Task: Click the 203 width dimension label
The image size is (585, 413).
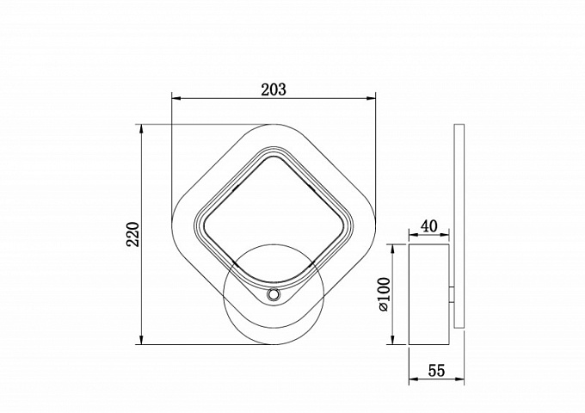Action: pyautogui.click(x=274, y=89)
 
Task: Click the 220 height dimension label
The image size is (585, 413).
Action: pyautogui.click(x=132, y=234)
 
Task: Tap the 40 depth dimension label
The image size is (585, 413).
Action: pyautogui.click(x=429, y=226)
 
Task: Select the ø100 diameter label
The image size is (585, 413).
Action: pyautogui.click(x=384, y=294)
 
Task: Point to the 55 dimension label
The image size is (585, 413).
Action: pyautogui.click(x=436, y=371)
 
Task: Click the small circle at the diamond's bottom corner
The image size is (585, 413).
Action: pyautogui.click(x=274, y=295)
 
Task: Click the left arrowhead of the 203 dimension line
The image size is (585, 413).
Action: pyautogui.click(x=175, y=98)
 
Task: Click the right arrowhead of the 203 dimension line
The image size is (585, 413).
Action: pyautogui.click(x=371, y=98)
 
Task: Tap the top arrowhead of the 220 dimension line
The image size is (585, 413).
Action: pyautogui.click(x=141, y=129)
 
